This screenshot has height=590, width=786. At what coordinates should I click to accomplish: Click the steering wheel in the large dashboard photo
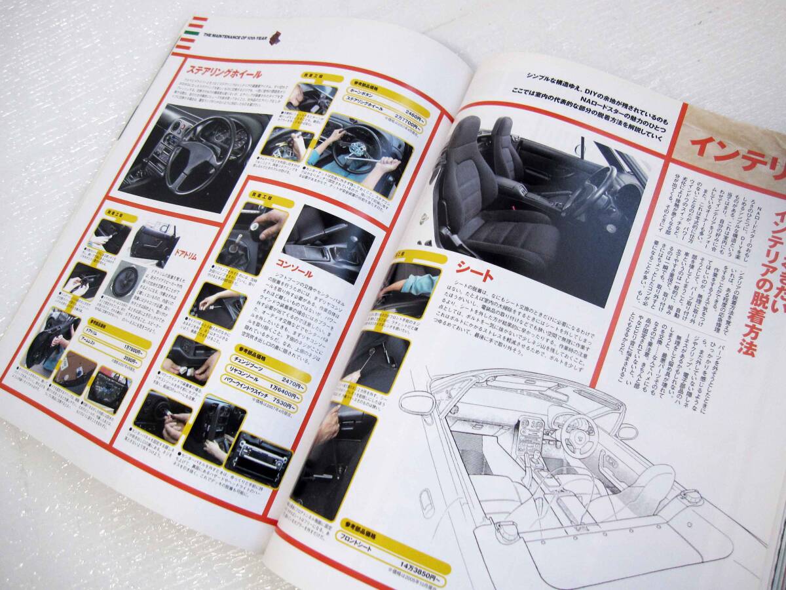click(196, 154)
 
